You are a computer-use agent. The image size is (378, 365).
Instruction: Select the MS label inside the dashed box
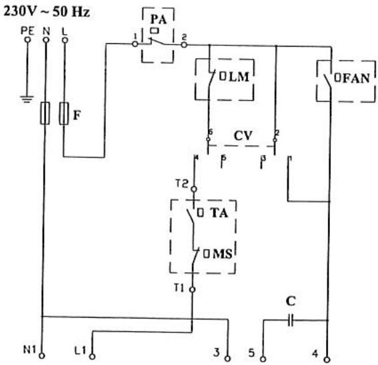[227, 254]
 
